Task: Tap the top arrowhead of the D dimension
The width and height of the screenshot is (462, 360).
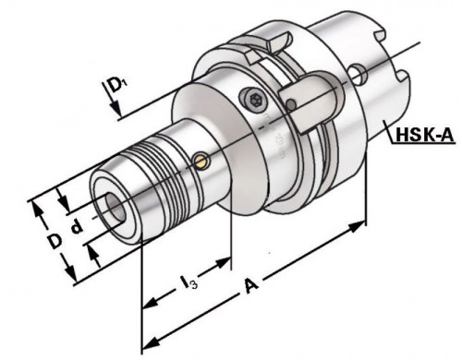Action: pyautogui.click(x=40, y=203)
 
